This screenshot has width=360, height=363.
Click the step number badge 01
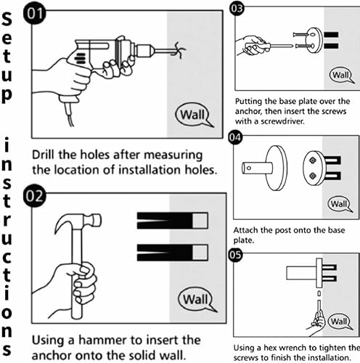coord(35,14)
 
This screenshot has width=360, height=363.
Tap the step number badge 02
coord(35,196)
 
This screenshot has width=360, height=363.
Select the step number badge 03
coord(237,9)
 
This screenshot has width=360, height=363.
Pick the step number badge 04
coord(235,137)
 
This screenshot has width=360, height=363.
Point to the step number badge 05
coord(235,255)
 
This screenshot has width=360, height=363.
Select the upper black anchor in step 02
coord(172,221)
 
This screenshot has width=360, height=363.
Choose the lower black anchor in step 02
coord(172,253)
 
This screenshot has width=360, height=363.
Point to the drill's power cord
coord(69,115)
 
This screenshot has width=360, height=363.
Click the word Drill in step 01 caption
coord(44,155)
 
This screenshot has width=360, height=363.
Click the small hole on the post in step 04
coord(249,168)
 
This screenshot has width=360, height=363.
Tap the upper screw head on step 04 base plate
coord(313,160)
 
